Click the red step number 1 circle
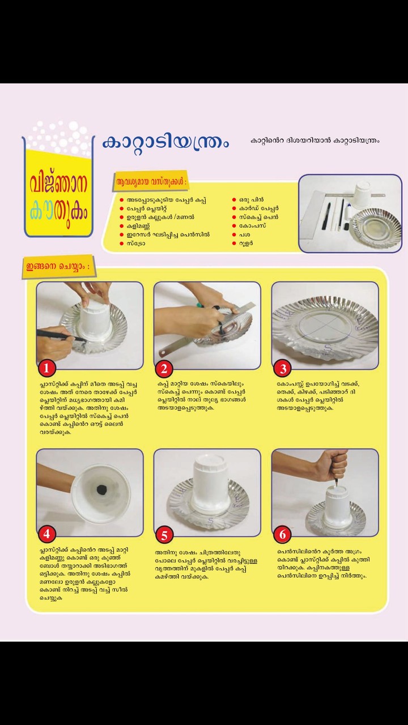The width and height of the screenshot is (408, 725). [46, 368]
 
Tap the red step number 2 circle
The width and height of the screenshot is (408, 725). [164, 369]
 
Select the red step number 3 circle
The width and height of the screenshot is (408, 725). [283, 369]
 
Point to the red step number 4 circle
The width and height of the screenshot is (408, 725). [46, 534]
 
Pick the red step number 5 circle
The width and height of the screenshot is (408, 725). [164, 535]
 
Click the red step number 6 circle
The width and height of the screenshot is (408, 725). [282, 534]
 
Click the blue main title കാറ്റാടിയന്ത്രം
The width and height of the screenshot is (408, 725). [166, 143]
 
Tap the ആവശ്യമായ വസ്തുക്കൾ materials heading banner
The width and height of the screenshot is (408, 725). [151, 182]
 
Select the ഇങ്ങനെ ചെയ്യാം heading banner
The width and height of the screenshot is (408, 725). [58, 267]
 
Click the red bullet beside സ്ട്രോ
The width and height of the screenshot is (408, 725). [122, 244]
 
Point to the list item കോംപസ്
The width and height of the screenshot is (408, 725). [253, 226]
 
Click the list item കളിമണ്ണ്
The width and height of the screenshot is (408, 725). [138, 226]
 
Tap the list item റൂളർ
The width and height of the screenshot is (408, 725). [246, 244]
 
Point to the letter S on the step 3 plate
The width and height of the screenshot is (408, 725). [328, 348]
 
